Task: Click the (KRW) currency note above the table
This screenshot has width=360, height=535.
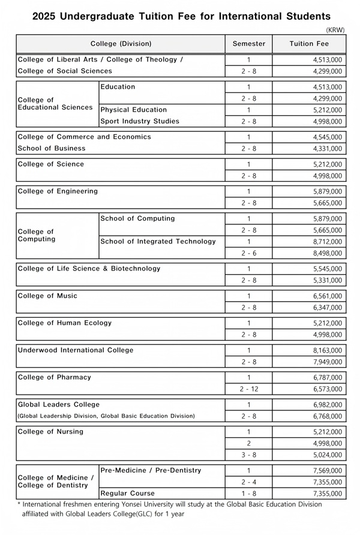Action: point(335,29)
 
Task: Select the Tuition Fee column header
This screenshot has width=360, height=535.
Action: point(309,44)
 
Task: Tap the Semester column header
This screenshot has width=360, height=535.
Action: point(248,44)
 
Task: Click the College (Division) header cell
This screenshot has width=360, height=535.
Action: point(121,44)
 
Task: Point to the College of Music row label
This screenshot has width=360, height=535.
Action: point(47,296)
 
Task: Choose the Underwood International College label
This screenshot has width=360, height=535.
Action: point(76,350)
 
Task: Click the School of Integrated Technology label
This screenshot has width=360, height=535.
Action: point(158,242)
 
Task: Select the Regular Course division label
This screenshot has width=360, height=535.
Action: point(127,494)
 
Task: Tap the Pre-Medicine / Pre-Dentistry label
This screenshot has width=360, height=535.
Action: point(151,470)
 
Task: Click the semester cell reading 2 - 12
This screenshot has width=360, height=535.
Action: point(248,389)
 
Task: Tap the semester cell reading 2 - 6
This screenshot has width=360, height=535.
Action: point(248,254)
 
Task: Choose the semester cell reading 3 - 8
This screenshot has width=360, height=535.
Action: point(248,455)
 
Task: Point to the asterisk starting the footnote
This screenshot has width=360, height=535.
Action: point(19,504)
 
